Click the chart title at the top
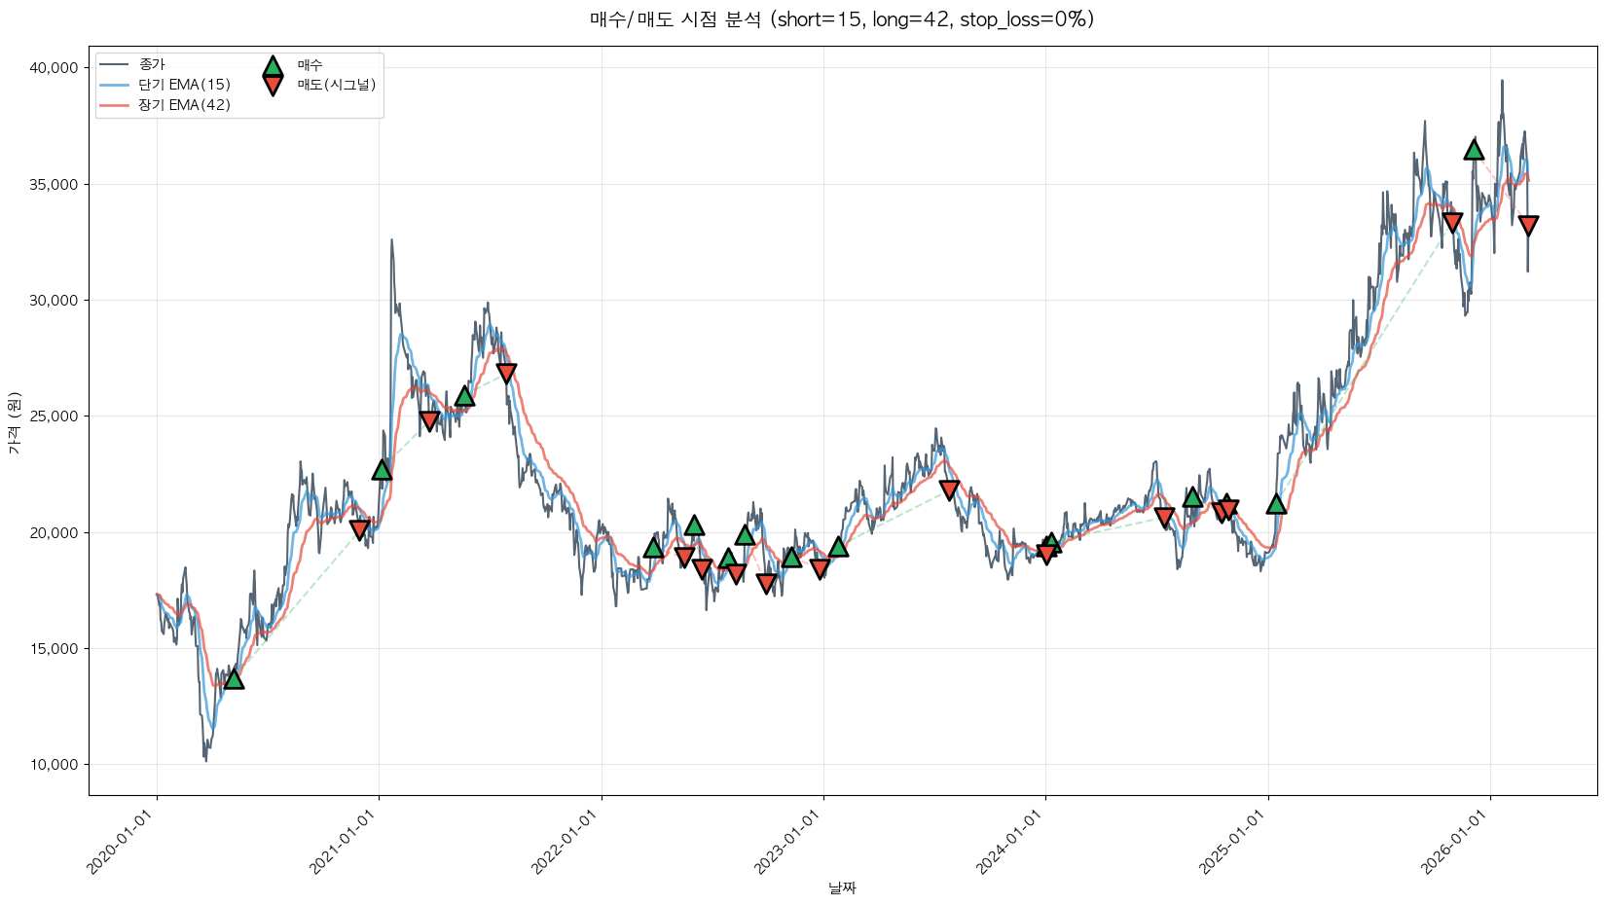click(x=842, y=19)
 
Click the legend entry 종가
click(x=152, y=64)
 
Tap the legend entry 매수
click(x=310, y=65)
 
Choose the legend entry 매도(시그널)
click(x=336, y=85)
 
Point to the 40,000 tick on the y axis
click(x=54, y=68)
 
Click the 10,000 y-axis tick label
click(x=54, y=765)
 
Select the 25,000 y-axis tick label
click(x=54, y=416)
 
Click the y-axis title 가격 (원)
click(x=14, y=423)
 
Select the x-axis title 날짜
click(x=842, y=887)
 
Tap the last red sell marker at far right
click(x=1528, y=226)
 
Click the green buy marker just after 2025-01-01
click(x=1276, y=503)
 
